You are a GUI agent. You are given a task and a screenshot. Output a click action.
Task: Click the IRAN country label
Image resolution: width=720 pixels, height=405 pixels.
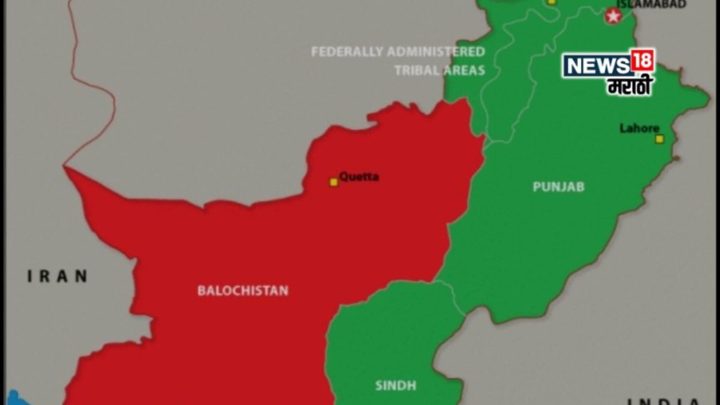click(x=58, y=276)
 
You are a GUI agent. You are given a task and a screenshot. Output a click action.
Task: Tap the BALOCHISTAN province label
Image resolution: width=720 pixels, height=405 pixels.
click(x=243, y=291)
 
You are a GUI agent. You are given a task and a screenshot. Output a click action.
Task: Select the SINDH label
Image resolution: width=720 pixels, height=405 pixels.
click(x=396, y=386)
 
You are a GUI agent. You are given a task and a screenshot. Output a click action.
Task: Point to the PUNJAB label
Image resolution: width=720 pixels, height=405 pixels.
click(x=558, y=187)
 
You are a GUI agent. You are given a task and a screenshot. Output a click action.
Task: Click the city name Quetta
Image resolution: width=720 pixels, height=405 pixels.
click(x=359, y=176)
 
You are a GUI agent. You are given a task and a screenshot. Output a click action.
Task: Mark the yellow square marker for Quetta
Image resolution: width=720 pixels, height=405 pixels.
click(x=334, y=182)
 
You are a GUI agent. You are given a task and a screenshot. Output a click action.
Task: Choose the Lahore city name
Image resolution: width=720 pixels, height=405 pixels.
click(x=639, y=128)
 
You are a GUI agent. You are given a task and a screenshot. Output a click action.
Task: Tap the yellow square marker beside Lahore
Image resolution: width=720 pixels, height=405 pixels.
click(x=660, y=139)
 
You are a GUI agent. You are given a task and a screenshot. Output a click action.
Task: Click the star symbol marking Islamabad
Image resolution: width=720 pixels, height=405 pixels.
click(x=613, y=16)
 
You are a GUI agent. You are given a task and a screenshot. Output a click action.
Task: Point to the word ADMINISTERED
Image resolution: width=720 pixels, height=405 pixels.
click(x=436, y=52)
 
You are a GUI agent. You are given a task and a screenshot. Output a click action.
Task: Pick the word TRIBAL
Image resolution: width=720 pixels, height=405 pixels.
click(x=416, y=71)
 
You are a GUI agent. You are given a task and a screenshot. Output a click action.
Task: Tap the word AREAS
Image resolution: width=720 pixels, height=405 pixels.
click(x=463, y=71)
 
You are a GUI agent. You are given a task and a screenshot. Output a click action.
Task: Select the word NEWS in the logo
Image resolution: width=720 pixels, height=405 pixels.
click(x=597, y=66)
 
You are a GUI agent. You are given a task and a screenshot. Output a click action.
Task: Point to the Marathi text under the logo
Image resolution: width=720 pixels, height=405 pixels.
click(x=629, y=86)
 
